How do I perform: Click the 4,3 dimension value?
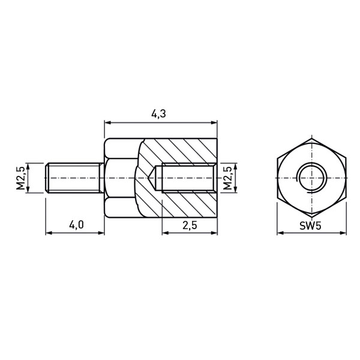tap(158, 114)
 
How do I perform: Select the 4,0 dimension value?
tap(76, 225)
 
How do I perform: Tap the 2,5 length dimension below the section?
tap(190, 225)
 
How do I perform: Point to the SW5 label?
tap(310, 226)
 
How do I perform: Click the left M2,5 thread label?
tap(20, 178)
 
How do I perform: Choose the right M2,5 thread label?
tap(227, 178)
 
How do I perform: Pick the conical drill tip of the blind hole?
tap(152, 178)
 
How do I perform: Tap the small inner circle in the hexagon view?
tap(311, 178)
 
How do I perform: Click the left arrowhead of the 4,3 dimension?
tap(107, 122)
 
